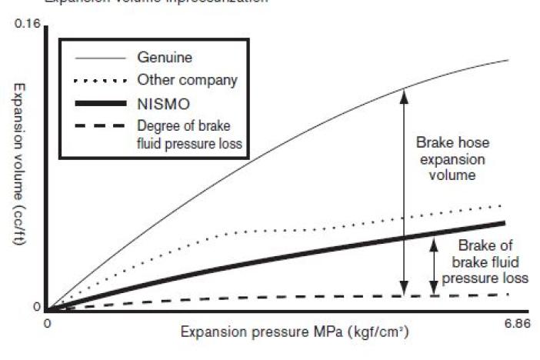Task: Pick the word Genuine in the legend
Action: coord(165,57)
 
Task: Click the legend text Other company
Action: coord(187,80)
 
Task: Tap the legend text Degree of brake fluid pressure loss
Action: coord(189,133)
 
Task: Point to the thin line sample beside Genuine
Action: coord(99,58)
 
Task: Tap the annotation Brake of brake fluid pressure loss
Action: coord(493,262)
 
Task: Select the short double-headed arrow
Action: coord(434,265)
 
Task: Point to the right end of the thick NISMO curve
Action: coord(504,223)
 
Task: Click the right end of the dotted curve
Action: coord(502,206)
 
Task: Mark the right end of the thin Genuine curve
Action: coord(508,60)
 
